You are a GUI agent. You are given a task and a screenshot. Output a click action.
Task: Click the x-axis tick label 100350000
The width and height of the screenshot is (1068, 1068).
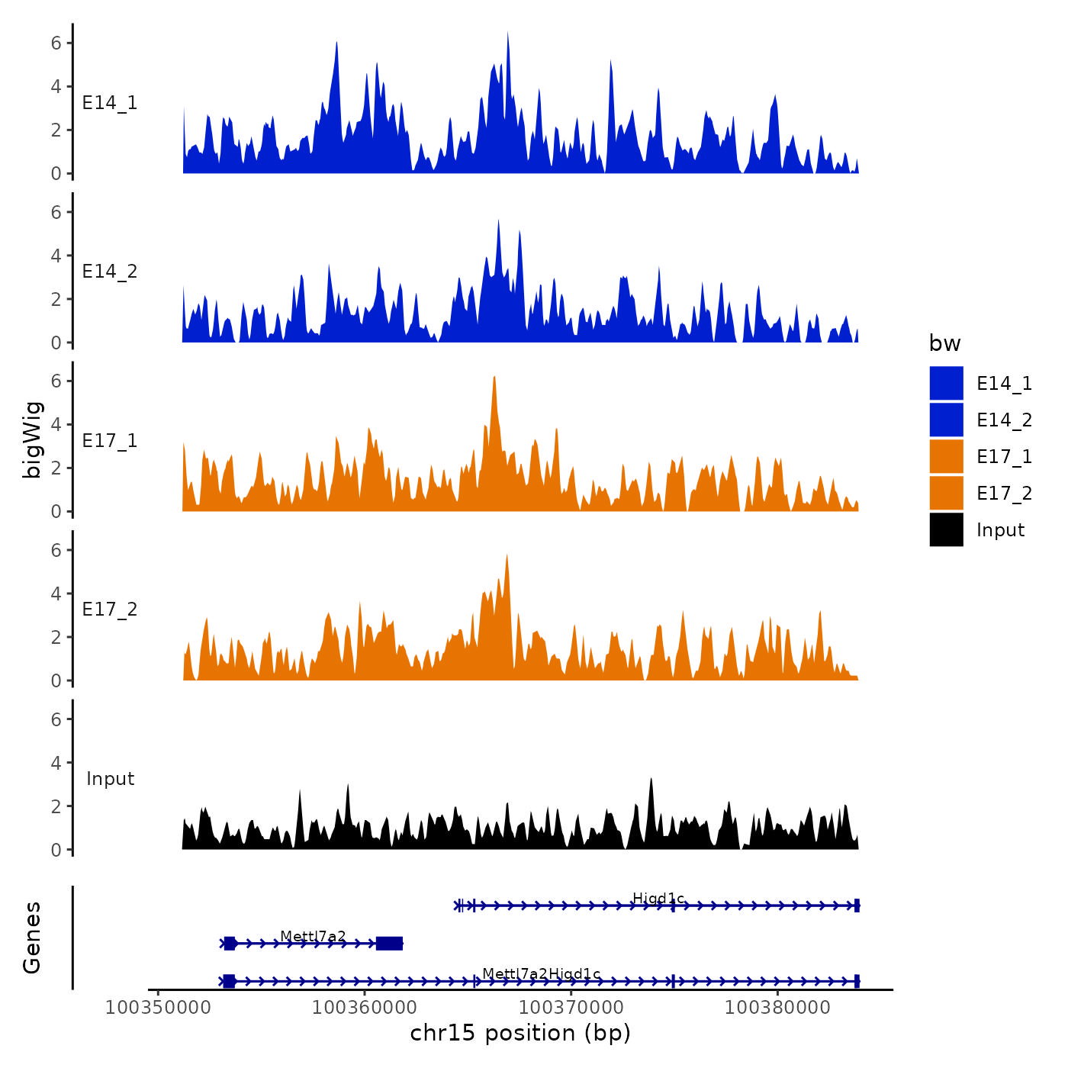tap(158, 1007)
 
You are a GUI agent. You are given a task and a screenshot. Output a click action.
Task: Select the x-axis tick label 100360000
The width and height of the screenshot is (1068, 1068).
tap(365, 1007)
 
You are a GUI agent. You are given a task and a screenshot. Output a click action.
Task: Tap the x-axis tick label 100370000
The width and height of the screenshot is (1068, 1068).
tap(571, 1007)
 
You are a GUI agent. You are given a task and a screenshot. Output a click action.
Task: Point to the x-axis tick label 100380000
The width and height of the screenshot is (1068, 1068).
tap(777, 1007)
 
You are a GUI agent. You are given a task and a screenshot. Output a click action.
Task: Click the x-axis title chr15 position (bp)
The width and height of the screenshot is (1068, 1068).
tap(520, 1033)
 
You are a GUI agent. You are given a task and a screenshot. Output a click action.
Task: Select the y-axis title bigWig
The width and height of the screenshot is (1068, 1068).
tap(32, 439)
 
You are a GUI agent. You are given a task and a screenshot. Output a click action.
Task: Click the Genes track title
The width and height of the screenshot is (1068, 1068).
tap(32, 938)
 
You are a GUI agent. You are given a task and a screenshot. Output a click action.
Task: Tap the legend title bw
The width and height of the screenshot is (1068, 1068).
tap(944, 343)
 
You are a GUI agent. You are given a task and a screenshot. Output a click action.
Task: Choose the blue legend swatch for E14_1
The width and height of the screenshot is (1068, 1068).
tap(946, 383)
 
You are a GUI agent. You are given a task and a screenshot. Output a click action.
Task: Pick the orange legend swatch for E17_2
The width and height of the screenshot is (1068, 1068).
tap(946, 493)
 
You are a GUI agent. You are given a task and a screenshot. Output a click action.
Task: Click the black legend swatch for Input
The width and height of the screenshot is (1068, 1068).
tap(946, 529)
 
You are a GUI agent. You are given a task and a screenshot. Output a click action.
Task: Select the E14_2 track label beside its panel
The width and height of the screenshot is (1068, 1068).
tap(110, 272)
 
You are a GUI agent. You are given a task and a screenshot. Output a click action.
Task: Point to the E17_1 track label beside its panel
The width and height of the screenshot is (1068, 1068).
tap(110, 441)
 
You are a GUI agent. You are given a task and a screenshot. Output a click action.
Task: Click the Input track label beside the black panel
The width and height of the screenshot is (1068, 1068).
tap(110, 779)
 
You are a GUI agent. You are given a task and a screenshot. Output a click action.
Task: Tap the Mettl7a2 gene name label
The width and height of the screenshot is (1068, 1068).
tap(313, 936)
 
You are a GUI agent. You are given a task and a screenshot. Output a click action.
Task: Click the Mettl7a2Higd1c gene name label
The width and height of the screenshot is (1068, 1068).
tap(541, 974)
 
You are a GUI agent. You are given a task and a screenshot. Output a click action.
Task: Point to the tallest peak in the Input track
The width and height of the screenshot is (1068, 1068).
tap(651, 780)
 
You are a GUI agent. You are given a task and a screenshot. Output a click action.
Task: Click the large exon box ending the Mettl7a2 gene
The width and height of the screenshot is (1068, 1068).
tap(389, 944)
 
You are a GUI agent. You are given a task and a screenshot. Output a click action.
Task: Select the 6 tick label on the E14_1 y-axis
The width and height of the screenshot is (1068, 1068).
tap(56, 43)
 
